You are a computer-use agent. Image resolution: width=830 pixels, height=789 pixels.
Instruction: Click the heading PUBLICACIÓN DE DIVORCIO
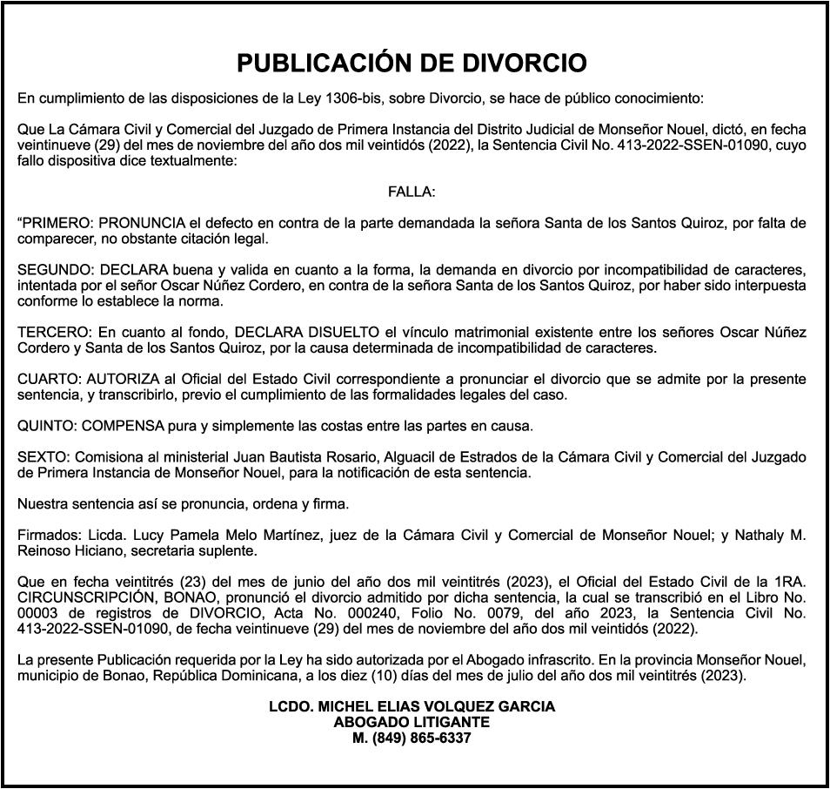click(412, 64)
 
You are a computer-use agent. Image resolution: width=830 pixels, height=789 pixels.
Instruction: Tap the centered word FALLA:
click(412, 192)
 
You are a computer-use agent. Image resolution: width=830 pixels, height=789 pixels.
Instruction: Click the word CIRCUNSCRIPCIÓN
click(76, 597)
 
